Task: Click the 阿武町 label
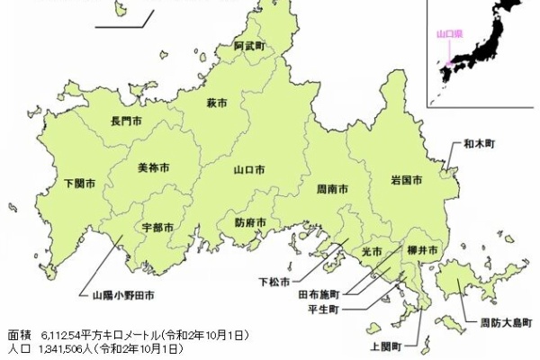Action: [x=248, y=44]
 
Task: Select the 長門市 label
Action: [x=127, y=121]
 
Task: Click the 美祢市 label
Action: [x=154, y=167]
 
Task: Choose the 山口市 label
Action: [x=248, y=169]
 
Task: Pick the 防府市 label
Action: [x=250, y=222]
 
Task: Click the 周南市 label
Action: [x=332, y=190]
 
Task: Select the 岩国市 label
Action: [x=407, y=180]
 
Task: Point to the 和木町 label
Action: [x=480, y=143]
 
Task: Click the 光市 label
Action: [x=372, y=251]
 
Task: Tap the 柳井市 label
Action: [x=421, y=248]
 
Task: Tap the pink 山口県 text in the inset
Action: [x=447, y=33]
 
